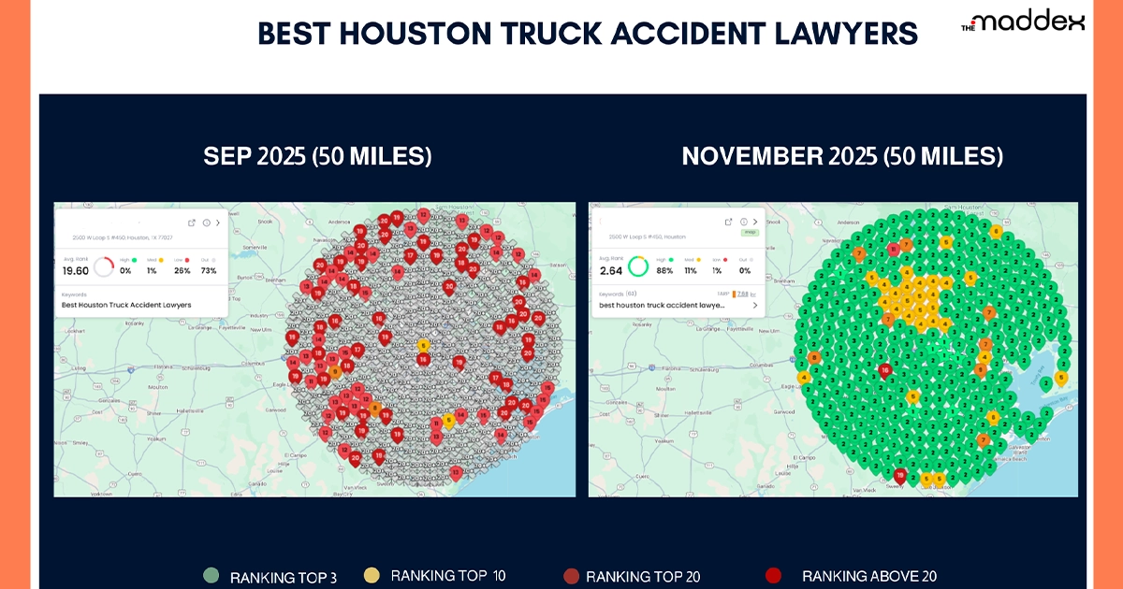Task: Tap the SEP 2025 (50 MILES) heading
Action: (x=317, y=156)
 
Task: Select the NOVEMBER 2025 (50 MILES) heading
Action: (x=841, y=156)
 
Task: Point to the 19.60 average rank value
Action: (x=75, y=270)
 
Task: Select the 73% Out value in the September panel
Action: (x=208, y=270)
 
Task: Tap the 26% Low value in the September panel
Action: (x=182, y=270)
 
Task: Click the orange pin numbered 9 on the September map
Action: (x=336, y=370)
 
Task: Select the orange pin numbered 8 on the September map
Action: (x=375, y=407)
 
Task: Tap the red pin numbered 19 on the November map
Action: (x=899, y=475)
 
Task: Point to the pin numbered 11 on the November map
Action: (x=894, y=249)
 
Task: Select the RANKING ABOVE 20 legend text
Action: (x=868, y=576)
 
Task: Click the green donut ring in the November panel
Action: (x=638, y=266)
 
